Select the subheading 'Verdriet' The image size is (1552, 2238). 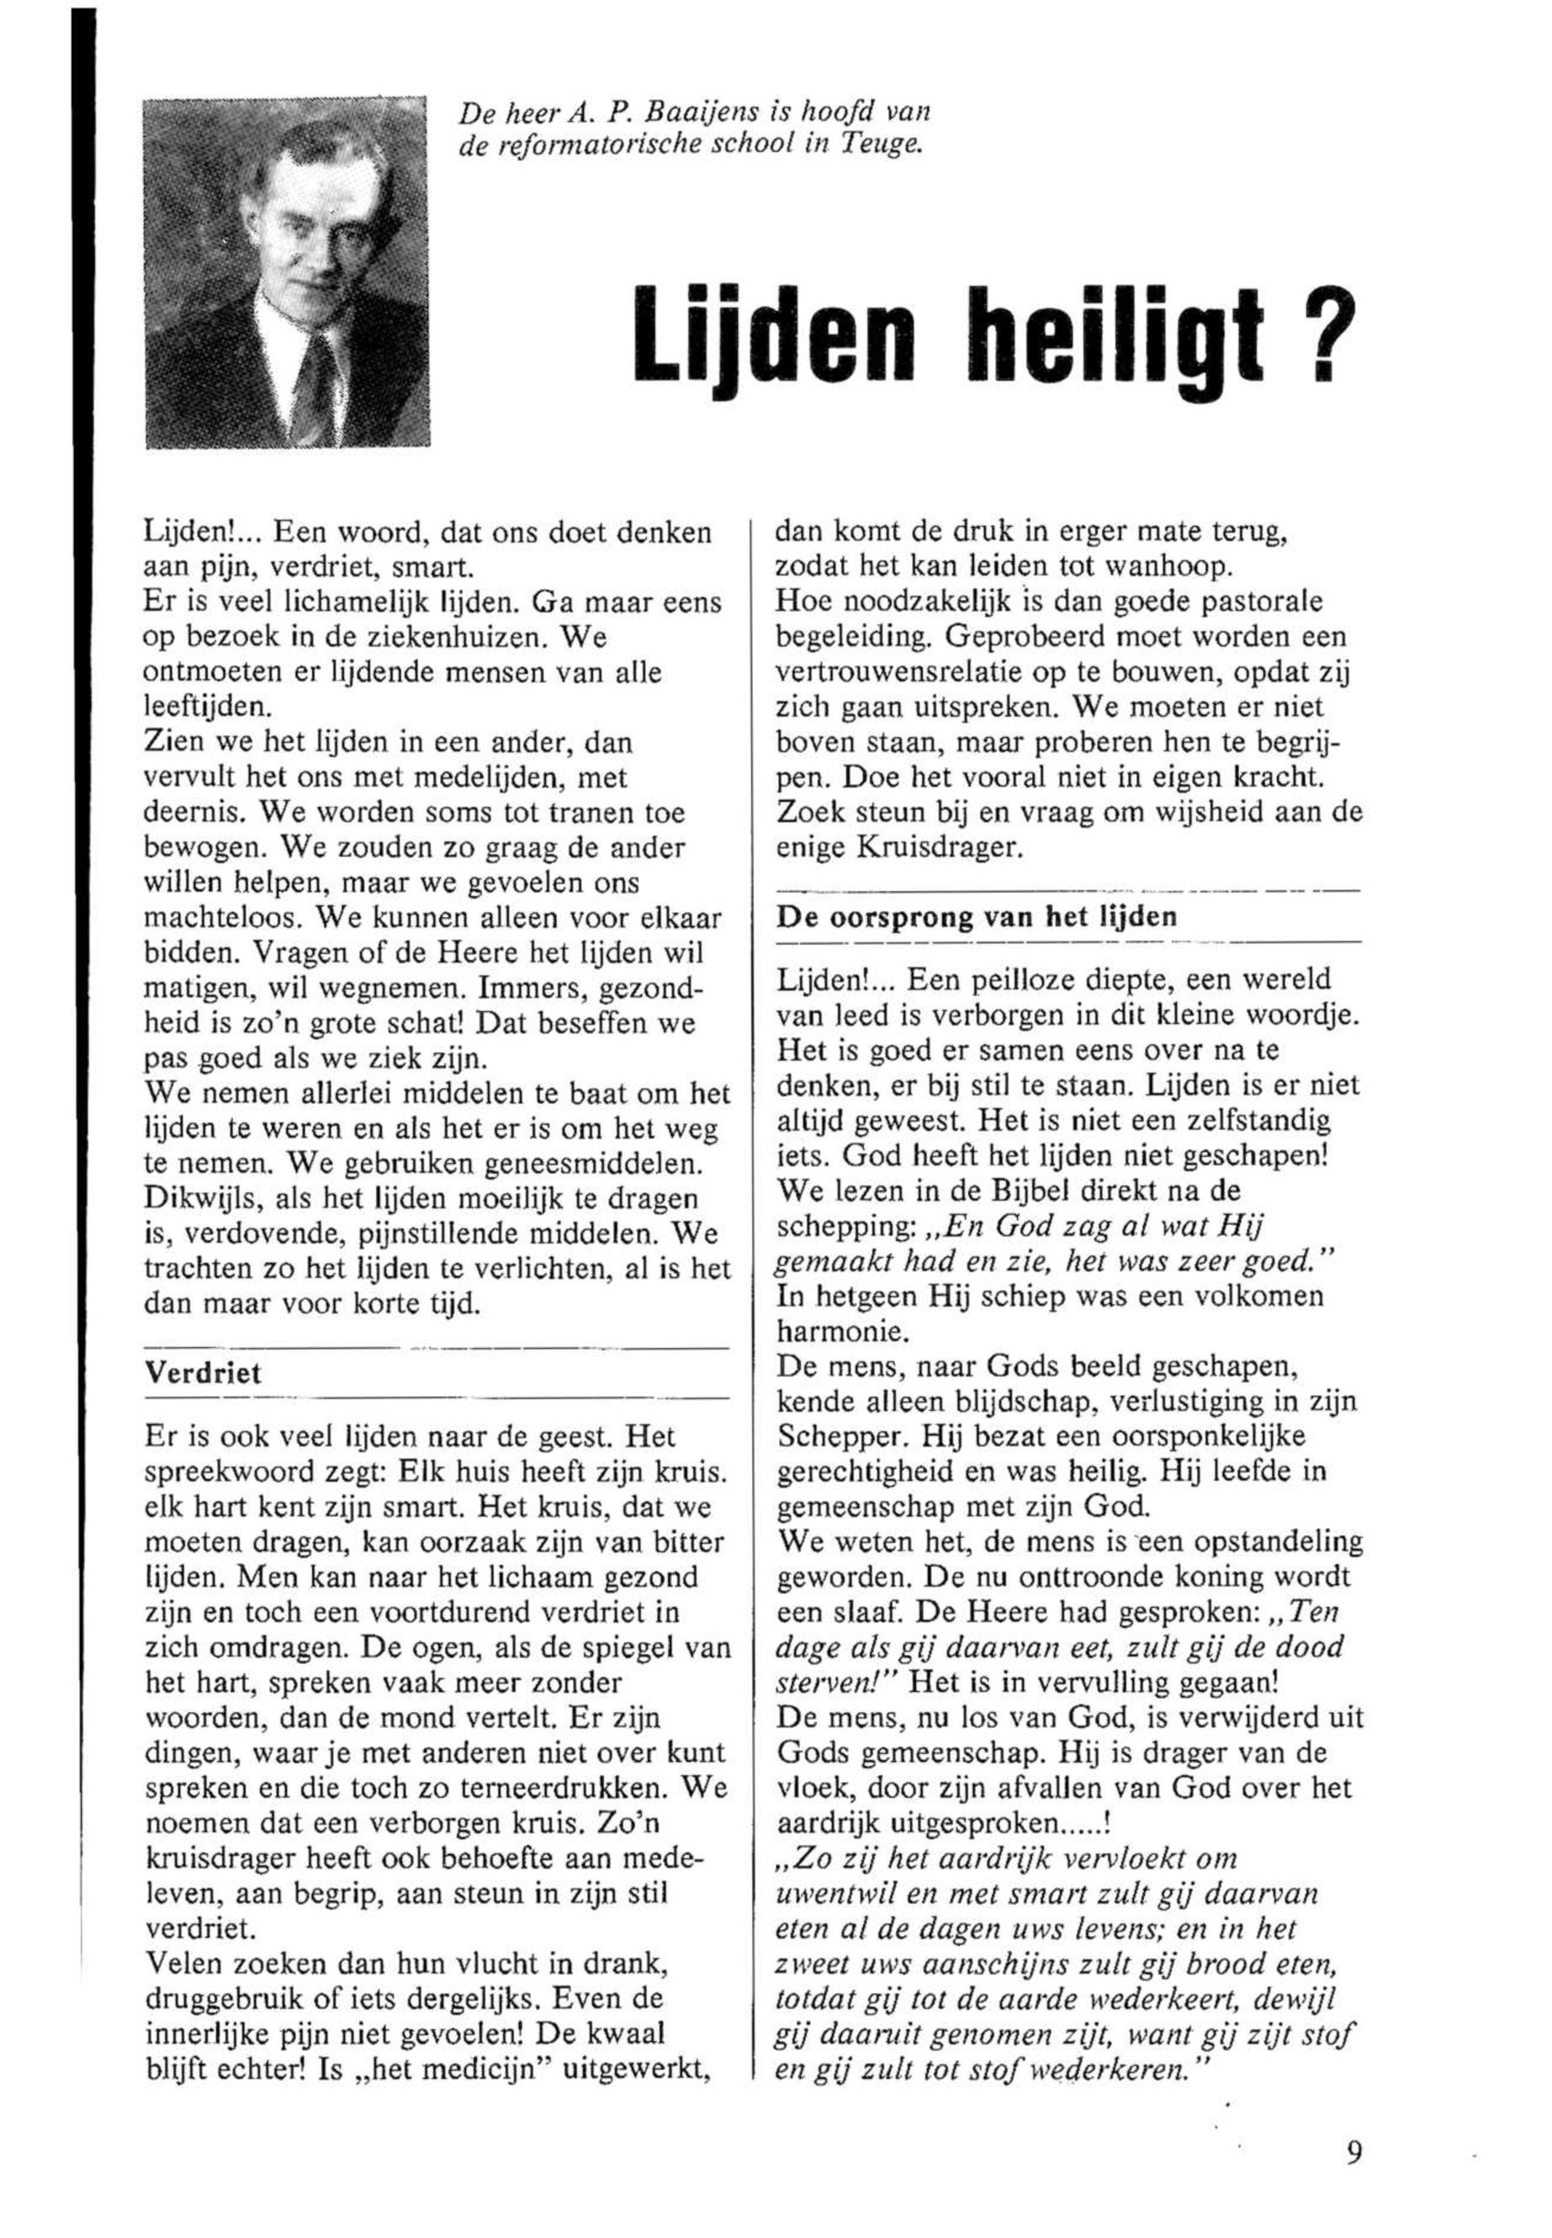pyautogui.click(x=204, y=1373)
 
